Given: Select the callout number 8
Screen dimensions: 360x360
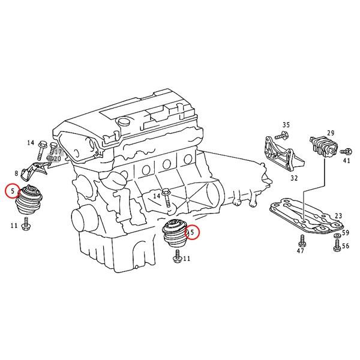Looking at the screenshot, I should coord(16,173).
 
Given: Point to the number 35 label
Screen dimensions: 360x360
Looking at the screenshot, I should coord(286,125).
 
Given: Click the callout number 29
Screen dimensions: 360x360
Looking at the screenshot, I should coord(330,133).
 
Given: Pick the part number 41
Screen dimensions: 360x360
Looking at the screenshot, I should coord(346,160).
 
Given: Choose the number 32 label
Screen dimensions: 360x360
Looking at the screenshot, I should coord(293,178).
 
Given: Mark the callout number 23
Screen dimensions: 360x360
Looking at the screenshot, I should coord(338,216).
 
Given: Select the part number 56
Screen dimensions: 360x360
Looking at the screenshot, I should coord(345,246).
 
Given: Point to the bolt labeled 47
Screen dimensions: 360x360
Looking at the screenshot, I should coord(301,241).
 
